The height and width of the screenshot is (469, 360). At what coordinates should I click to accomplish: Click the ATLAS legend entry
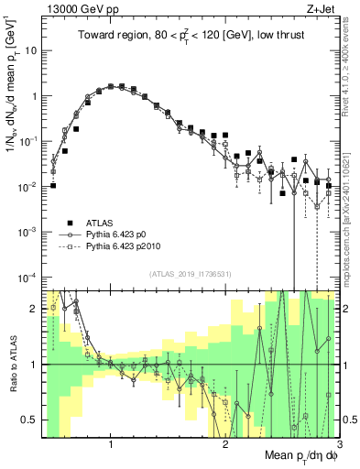(100, 223)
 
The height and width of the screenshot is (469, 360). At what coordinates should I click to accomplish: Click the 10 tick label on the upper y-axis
(30, 50)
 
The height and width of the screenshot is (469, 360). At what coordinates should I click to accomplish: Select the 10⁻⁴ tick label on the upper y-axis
(28, 277)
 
